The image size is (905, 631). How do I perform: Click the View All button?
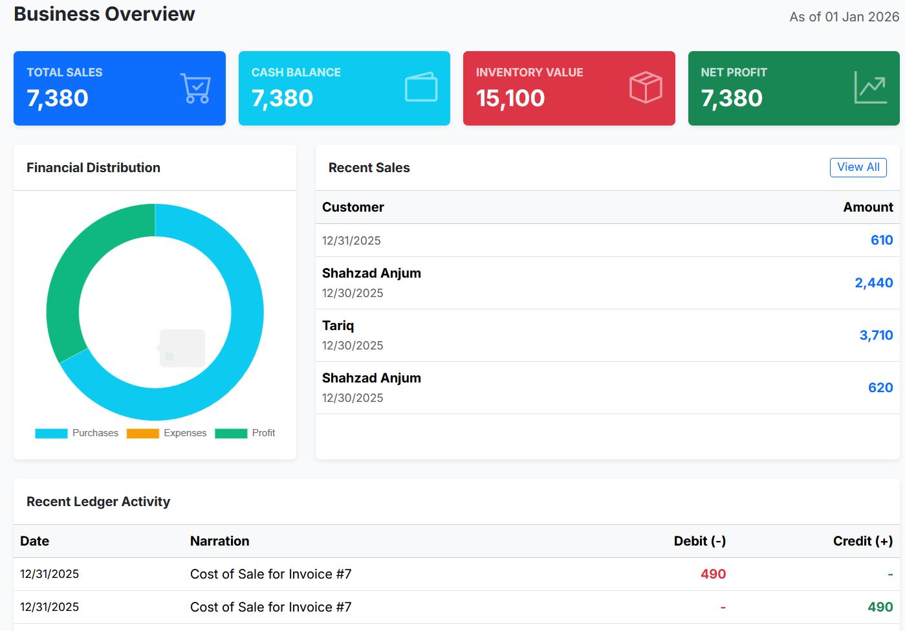coord(858,167)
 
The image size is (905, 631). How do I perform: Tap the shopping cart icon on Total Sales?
coord(195,88)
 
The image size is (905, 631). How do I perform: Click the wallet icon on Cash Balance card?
coord(421,87)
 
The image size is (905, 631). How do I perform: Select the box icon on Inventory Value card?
coord(646,87)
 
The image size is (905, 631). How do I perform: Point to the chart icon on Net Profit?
coord(870,87)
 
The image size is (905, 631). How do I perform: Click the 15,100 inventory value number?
coord(510,98)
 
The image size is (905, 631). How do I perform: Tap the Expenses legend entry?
coord(167,433)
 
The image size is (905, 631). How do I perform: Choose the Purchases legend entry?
coord(77,433)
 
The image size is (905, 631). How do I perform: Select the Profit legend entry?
coord(245,433)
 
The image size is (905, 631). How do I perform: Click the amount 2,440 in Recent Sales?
coord(873,283)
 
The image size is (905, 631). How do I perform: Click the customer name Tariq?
coord(338,326)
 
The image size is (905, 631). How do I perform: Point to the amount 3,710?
coord(876,335)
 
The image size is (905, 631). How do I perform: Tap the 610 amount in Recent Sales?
coord(881,240)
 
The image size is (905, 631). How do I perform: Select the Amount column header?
coord(867,207)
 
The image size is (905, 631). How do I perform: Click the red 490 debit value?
coord(713,574)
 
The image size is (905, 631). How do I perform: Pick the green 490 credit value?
coord(880,607)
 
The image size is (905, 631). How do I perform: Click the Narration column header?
coord(219,541)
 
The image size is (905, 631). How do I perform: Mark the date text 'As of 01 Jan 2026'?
coord(844,17)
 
